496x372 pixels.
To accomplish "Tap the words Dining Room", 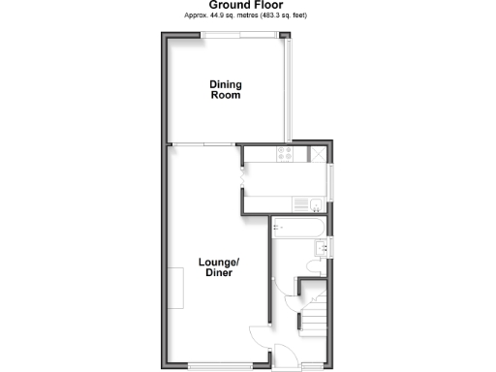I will pos(225,90).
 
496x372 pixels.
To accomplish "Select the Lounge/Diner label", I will pos(218,267).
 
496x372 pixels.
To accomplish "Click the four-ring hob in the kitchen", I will pos(286,153).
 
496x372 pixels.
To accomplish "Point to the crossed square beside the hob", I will pos(318,153).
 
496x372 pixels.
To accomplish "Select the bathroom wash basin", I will pos(324,248).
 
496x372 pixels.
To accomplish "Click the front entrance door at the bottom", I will pos(287,358).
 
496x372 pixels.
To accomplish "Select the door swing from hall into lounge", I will pos(258,337).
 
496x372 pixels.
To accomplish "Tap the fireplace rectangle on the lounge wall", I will pos(176,288).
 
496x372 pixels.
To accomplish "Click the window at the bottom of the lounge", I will pos(215,364).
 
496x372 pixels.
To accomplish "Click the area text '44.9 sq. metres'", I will pos(219,16).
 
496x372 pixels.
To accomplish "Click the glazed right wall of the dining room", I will pos(287,89).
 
